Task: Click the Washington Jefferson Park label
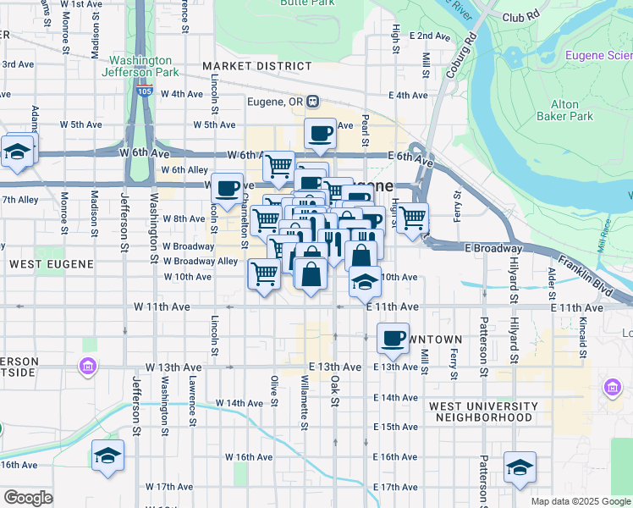pos(141,67)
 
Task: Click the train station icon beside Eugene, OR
pos(313,102)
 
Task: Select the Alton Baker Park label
pos(565,110)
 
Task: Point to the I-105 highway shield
pos(146,91)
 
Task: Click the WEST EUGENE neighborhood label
pos(51,264)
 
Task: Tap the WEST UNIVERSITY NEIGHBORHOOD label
pos(481,411)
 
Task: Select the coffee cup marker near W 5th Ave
pos(320,133)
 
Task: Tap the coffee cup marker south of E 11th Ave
pos(392,339)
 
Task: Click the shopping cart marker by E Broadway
pos(412,218)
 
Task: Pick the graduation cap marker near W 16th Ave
pos(107,456)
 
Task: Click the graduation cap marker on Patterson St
pos(520,467)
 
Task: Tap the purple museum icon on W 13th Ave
pos(87,367)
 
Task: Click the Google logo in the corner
pos(28,498)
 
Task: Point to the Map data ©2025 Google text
pos(581,501)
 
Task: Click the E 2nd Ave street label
pos(430,36)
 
